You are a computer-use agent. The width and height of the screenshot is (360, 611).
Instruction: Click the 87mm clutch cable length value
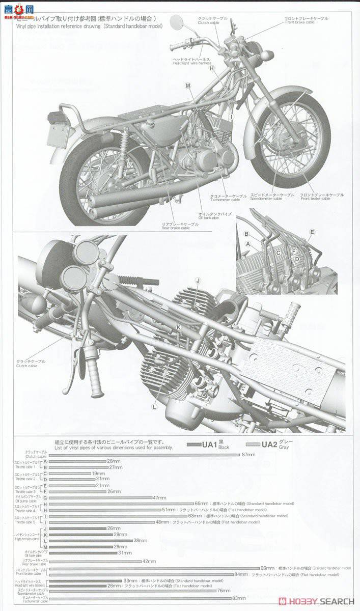tap(248, 454)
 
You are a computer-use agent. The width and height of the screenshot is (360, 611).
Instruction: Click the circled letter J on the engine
tap(198, 281)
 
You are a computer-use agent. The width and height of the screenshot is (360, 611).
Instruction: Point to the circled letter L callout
tap(154, 406)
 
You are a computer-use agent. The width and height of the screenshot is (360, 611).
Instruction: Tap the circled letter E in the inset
tap(312, 232)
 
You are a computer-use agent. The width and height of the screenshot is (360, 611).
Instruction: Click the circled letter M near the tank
tap(188, 86)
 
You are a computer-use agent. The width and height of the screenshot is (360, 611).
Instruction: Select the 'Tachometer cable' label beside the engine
tap(228, 197)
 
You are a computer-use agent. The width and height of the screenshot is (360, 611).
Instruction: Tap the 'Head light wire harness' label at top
tap(191, 61)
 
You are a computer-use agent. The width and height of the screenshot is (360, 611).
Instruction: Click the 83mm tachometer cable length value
tap(239, 598)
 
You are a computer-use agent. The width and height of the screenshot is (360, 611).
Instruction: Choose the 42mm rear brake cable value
tap(149, 561)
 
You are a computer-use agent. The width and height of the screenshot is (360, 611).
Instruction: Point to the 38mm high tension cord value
tap(140, 540)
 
